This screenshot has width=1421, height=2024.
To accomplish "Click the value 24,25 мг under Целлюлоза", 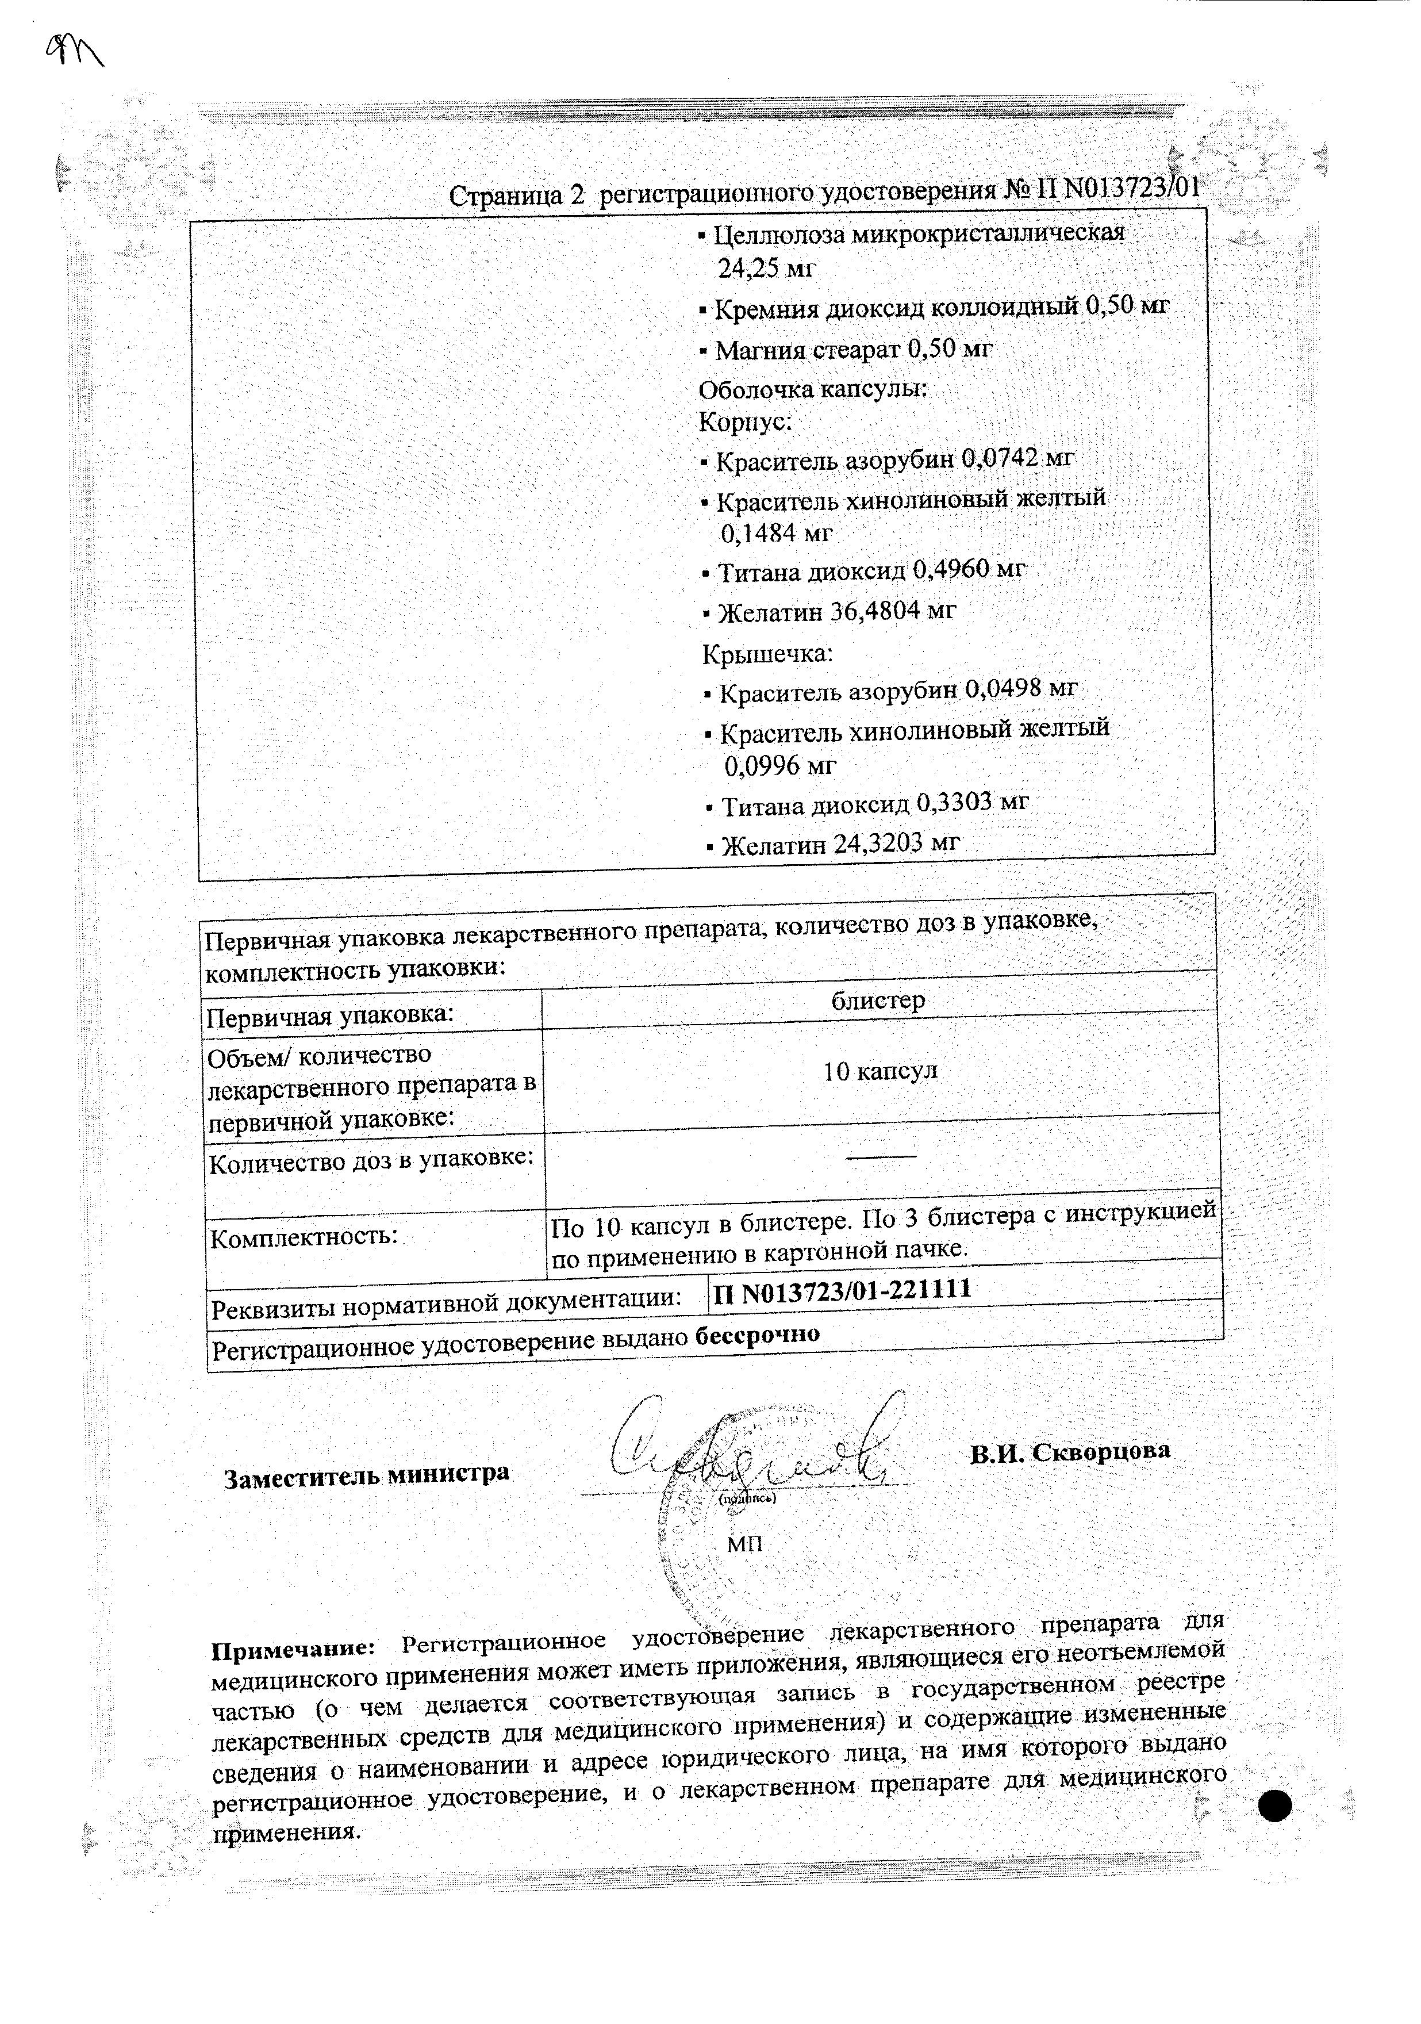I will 767,270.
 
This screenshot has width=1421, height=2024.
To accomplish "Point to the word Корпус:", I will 745,422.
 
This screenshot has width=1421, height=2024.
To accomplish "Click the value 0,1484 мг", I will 775,534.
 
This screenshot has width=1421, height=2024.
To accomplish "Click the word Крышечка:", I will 767,654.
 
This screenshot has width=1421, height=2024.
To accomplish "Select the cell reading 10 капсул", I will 880,1071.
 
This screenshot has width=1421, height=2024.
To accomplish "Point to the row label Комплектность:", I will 304,1236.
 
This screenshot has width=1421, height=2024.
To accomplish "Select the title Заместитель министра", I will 366,1474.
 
